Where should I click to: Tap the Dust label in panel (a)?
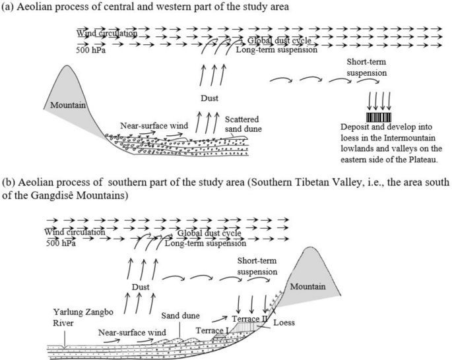pos(210,99)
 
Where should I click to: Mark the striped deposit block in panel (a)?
pos(379,117)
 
